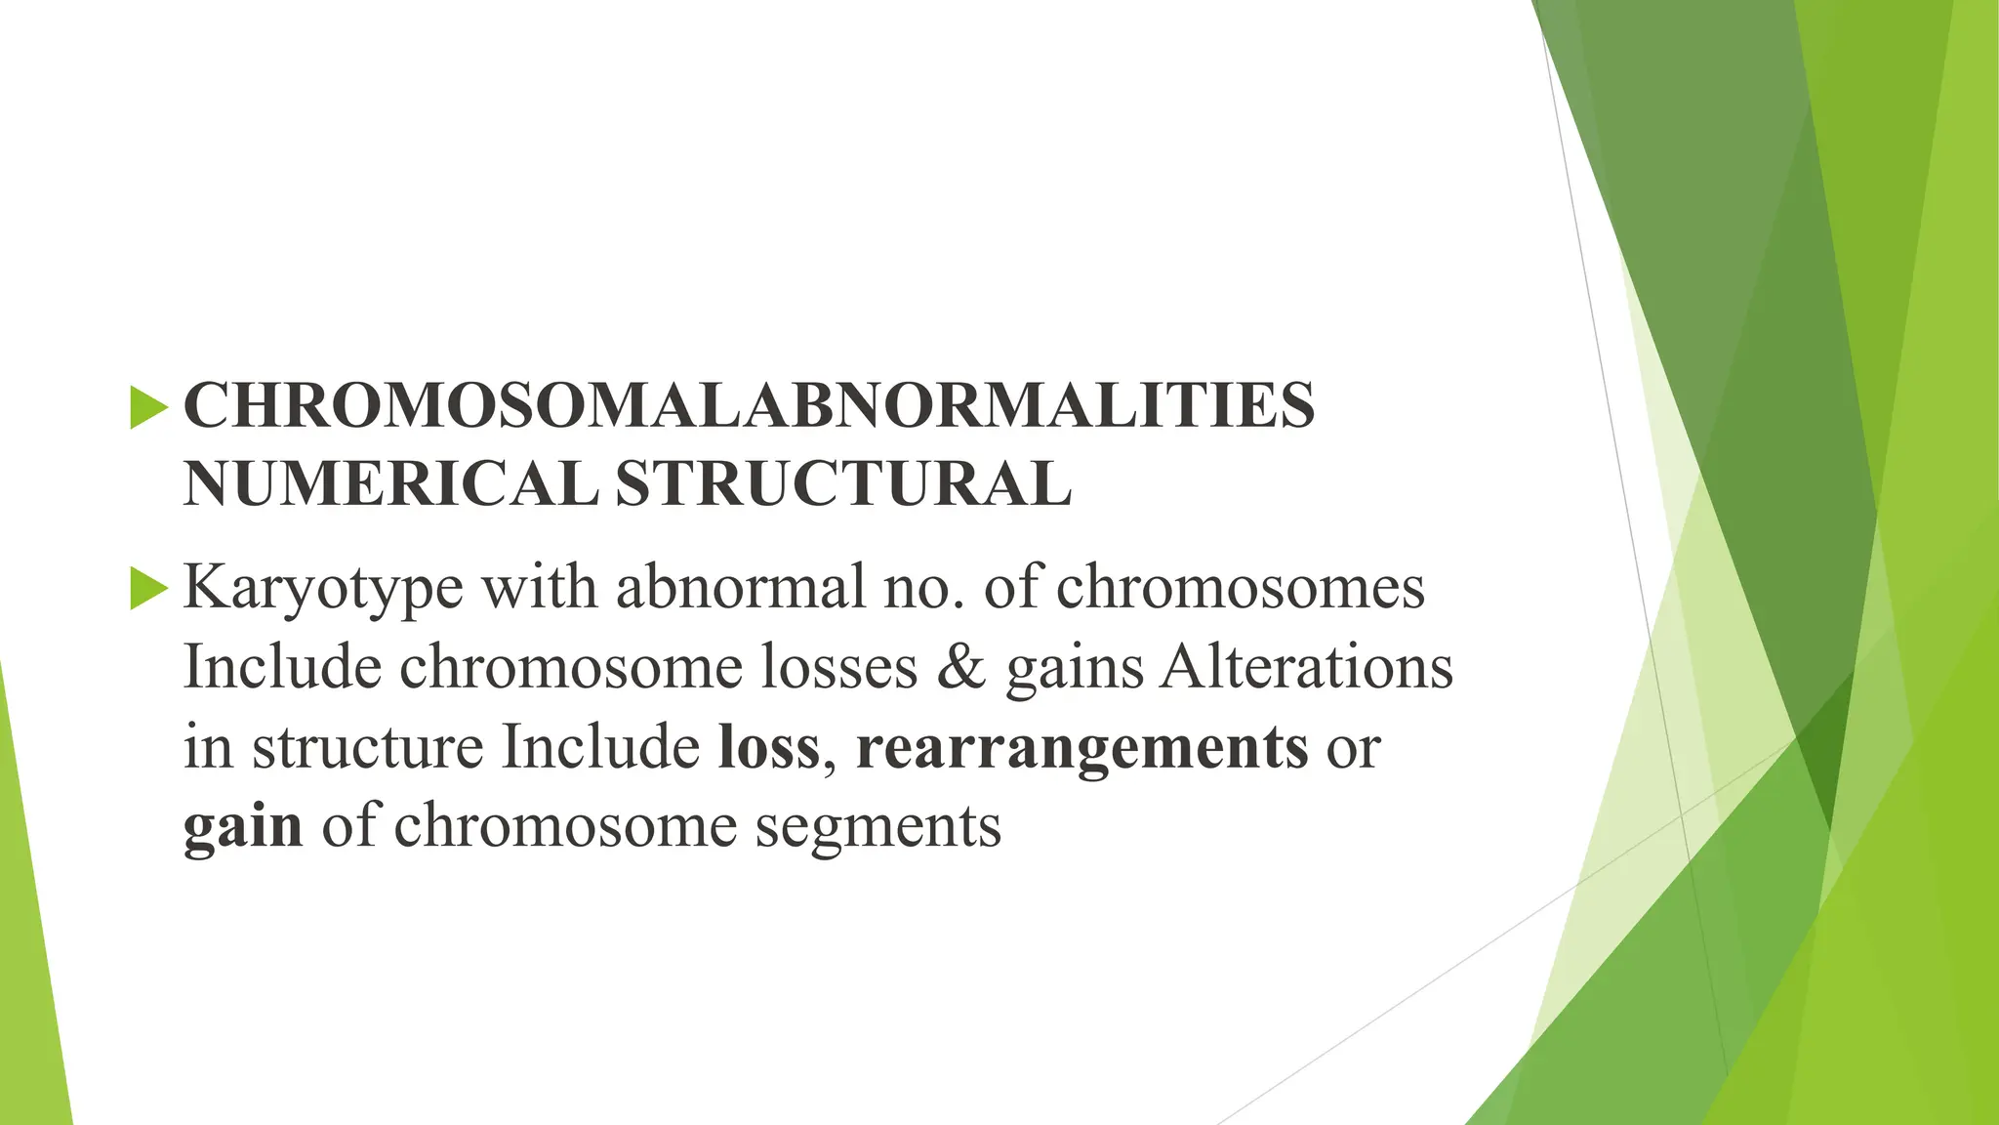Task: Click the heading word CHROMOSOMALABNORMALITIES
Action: pos(749,406)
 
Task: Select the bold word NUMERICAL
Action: pos(390,484)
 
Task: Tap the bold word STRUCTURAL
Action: pos(843,484)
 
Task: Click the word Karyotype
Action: pos(323,589)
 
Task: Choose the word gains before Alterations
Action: pos(1074,669)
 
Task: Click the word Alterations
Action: pos(1307,667)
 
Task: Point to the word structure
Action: pos(367,747)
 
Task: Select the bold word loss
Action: pos(769,747)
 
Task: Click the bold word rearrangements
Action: pos(1081,749)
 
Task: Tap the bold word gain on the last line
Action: pos(243,827)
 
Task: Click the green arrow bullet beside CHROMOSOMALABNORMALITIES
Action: pos(148,407)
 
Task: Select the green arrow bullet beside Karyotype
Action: pos(148,589)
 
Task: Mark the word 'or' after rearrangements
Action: pos(1353,749)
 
